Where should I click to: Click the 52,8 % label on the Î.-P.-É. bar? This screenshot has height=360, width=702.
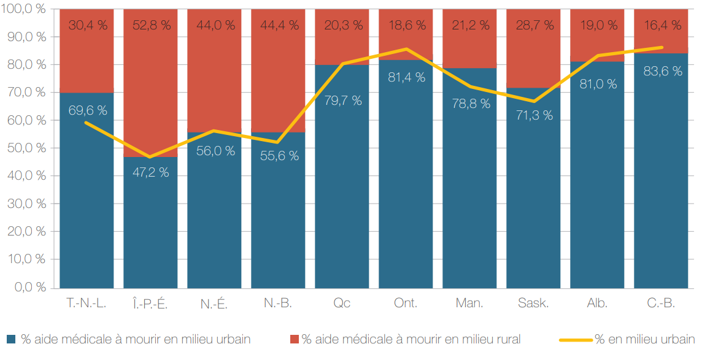(x=150, y=25)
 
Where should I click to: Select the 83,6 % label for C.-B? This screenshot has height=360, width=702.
(x=661, y=71)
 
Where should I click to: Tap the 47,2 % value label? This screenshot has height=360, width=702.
(x=150, y=172)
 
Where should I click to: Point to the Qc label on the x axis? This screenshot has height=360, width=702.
(x=342, y=303)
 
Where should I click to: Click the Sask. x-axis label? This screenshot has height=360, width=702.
(x=533, y=303)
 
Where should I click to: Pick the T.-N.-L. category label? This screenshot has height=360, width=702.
(x=87, y=303)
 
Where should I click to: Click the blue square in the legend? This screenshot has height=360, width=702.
(x=11, y=339)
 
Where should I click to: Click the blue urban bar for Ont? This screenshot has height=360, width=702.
(x=406, y=184)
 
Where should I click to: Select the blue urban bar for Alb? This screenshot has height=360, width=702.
(x=597, y=184)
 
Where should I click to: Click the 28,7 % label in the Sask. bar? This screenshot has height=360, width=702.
(x=533, y=25)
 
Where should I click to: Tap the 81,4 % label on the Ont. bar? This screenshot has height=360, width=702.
(x=406, y=77)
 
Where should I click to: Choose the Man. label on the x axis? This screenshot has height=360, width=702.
(x=469, y=303)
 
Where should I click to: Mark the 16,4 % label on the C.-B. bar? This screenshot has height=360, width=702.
(x=661, y=25)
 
